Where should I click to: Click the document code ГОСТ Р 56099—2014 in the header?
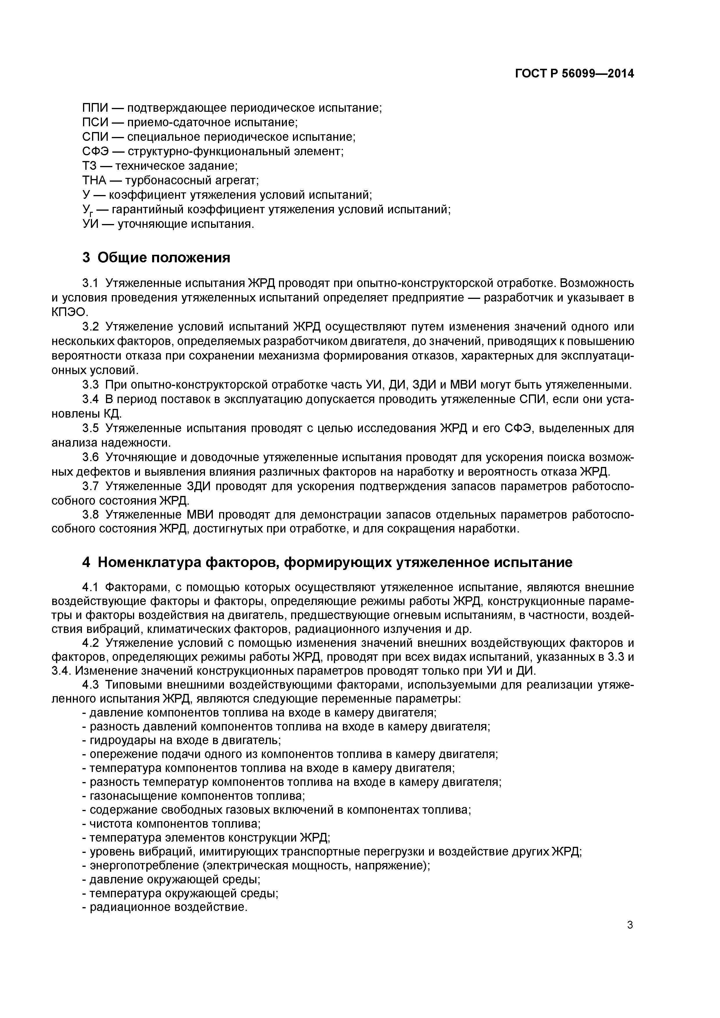point(575,74)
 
